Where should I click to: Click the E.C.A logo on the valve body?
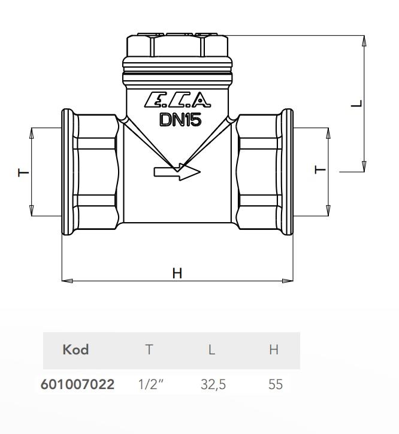coord(177,99)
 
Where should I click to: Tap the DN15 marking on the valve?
coord(180,120)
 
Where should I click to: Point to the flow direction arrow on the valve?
coord(177,172)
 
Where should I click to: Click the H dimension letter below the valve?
coord(177,273)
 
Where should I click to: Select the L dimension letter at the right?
coord(357,104)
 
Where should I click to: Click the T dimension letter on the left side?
coord(23,173)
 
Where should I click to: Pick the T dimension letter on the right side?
coord(320,169)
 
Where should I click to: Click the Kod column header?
coord(75,350)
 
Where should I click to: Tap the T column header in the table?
coord(149,350)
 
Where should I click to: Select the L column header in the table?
coord(211,350)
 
